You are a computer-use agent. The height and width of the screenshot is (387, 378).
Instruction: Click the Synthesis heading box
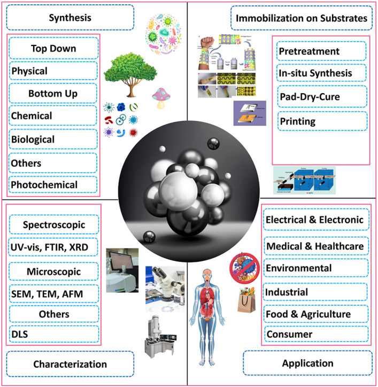(x=70, y=18)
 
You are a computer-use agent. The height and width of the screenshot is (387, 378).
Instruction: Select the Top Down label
(x=53, y=49)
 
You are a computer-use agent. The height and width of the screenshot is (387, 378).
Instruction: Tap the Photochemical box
(x=53, y=185)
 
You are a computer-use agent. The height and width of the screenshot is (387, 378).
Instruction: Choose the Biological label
(x=53, y=139)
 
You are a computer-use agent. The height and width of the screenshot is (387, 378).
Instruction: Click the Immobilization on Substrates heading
(x=302, y=19)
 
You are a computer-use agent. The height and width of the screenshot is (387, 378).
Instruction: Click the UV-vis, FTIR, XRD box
(x=53, y=248)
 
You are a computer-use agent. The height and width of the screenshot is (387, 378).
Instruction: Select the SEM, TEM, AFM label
(x=53, y=294)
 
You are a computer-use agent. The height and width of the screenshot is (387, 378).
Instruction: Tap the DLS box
(x=53, y=335)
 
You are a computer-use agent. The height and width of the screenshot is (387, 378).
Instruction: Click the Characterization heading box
(x=70, y=364)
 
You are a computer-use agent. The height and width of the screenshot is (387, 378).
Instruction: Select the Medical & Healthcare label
(x=315, y=246)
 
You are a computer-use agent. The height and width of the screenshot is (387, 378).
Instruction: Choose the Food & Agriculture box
(x=315, y=314)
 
